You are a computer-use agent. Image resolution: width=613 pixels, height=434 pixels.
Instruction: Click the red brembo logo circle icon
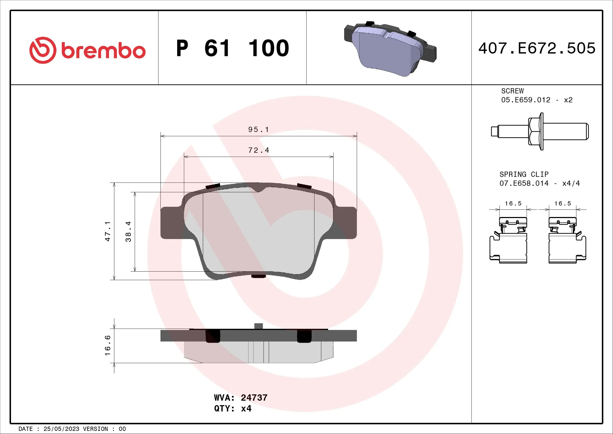tap(43, 50)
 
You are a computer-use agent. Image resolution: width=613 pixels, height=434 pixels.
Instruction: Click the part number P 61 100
tap(232, 48)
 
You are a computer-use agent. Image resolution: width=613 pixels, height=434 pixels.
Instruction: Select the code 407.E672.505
tap(537, 48)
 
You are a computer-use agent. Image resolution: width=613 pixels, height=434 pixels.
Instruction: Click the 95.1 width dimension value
tap(258, 130)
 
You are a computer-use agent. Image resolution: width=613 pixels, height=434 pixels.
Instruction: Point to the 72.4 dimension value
tap(258, 150)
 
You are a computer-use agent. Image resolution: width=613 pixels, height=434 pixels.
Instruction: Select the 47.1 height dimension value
tap(107, 231)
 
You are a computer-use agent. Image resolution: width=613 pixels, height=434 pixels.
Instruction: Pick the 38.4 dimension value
tap(128, 231)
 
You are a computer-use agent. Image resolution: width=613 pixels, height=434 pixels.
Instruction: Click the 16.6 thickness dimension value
tap(107, 345)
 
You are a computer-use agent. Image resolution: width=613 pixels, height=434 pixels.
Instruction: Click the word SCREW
tap(512, 91)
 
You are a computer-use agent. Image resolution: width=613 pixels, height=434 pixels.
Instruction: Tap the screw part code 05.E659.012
tap(526, 100)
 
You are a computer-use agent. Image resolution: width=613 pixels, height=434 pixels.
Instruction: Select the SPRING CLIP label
tap(524, 174)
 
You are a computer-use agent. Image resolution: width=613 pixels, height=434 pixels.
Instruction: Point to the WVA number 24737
tap(254, 398)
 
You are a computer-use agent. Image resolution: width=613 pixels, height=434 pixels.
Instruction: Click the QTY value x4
tap(246, 408)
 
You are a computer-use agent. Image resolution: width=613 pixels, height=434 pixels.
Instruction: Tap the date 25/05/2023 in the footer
tap(61, 429)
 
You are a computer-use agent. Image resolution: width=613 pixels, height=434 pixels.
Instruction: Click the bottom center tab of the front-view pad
tap(258, 276)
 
